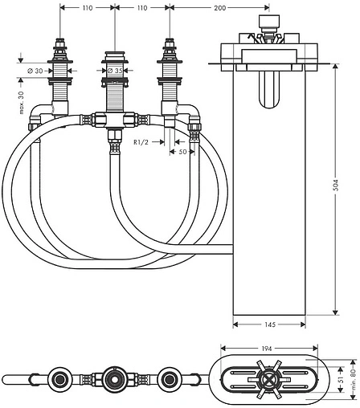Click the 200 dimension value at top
click(219, 8)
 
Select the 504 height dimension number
click(336, 185)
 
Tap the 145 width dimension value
click(270, 324)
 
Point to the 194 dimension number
click(267, 349)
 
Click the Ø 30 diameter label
click(35, 71)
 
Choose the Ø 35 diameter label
click(115, 71)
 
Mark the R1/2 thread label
click(141, 142)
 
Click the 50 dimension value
click(182, 152)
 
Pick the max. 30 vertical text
click(22, 103)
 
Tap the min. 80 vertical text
click(354, 376)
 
